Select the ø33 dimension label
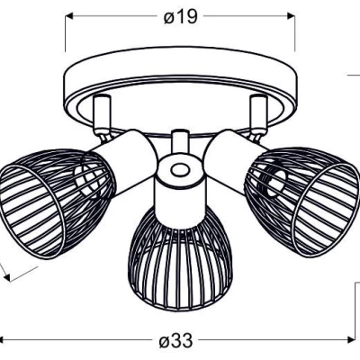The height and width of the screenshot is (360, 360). pyautogui.click(x=176, y=342)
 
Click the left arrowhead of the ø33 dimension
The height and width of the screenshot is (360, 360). pyautogui.click(x=5, y=341)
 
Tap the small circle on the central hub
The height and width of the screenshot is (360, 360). pyautogui.click(x=178, y=168)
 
